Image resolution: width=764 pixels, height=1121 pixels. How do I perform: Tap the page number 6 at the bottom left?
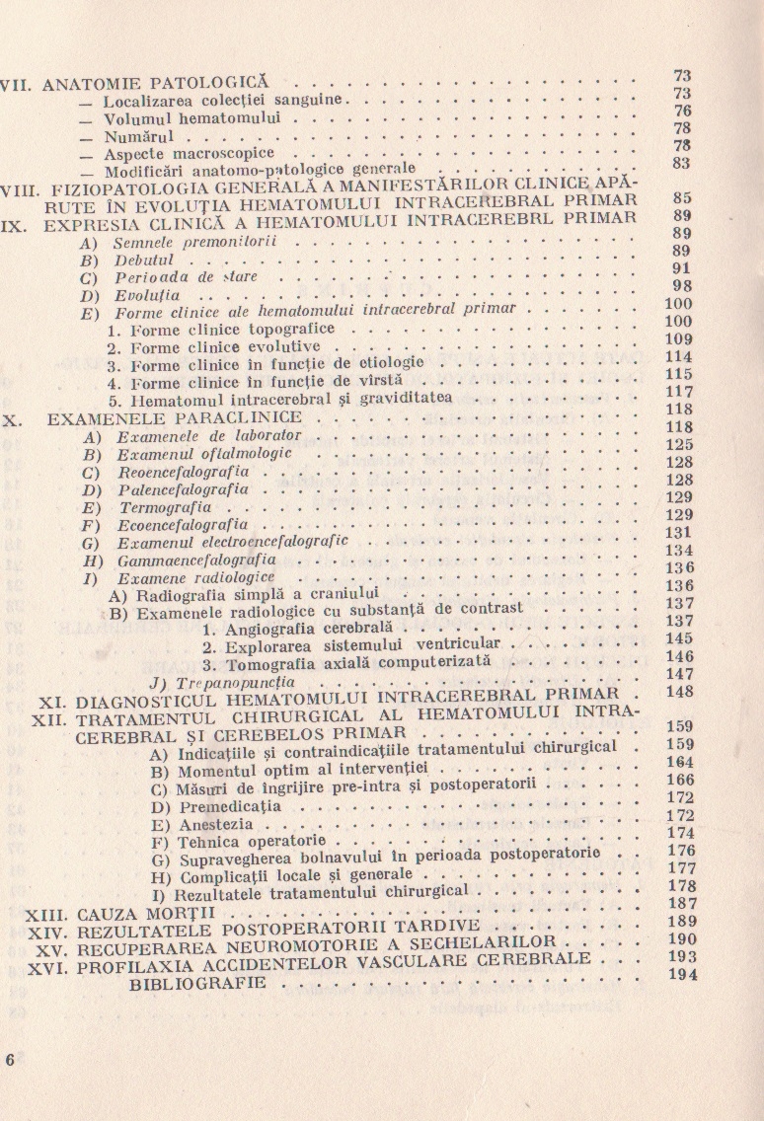[x=11, y=1060]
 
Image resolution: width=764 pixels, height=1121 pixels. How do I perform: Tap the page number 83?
[x=681, y=164]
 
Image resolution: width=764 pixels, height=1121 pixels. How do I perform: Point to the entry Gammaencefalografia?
[x=182, y=560]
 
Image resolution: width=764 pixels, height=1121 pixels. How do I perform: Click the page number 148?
[x=681, y=692]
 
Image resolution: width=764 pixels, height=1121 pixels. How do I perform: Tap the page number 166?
[x=681, y=780]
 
